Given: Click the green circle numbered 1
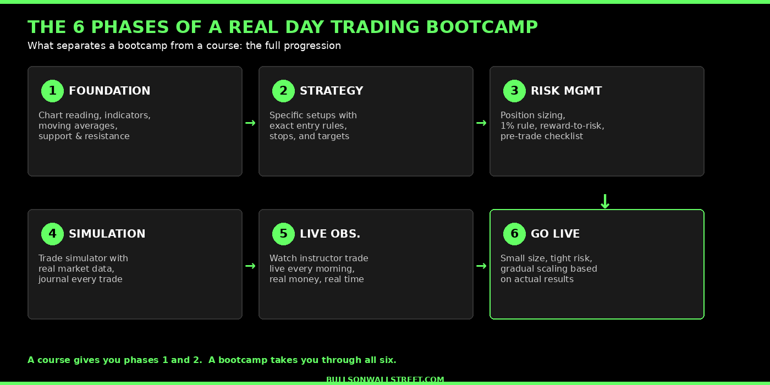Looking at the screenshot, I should point(52,91).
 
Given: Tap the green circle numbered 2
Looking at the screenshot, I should point(283,91).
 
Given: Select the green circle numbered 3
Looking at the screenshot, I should point(514,91).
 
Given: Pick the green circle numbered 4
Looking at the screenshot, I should point(52,234).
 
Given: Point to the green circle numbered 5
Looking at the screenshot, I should point(283,234).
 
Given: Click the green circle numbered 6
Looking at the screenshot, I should point(514,234).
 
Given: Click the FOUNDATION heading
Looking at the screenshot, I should point(109,91).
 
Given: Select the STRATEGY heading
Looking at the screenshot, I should point(331,91).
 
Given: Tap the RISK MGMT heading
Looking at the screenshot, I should point(566,91).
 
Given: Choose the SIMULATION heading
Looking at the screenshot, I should point(107,234).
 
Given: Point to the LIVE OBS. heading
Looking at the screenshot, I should point(330,234).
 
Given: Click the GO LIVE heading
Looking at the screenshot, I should point(555,234).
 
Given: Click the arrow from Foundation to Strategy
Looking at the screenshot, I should point(250,123).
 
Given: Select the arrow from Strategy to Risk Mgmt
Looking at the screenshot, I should point(481,123).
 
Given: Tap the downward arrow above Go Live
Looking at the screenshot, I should point(605,202).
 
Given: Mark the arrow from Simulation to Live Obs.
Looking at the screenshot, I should point(250,266).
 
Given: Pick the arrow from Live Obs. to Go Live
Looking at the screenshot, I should point(481,266).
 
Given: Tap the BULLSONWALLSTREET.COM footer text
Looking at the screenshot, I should point(385,380).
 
